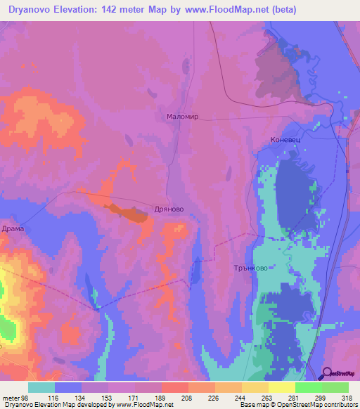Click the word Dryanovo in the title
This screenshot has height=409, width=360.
[34, 10]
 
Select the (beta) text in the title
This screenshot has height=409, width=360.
[281, 10]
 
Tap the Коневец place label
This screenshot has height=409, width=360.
[285, 140]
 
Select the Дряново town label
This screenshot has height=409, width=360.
[169, 209]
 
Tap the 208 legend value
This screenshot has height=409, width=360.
[187, 397]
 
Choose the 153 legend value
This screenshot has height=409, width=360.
[108, 397]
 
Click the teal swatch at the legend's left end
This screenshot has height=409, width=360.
[41, 387]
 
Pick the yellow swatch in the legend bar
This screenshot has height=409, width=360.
[281, 387]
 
